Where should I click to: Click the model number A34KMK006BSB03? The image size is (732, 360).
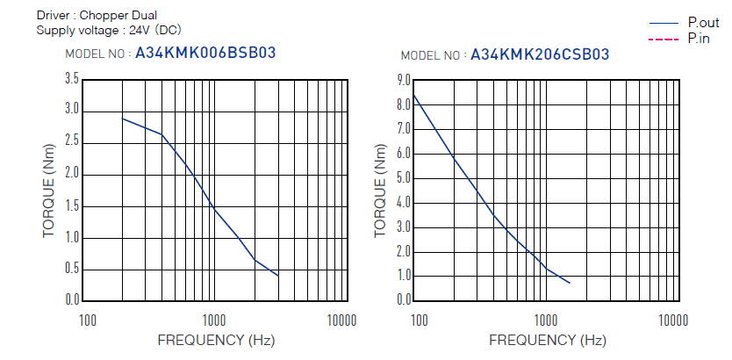point(205,53)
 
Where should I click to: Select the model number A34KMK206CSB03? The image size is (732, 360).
point(540,54)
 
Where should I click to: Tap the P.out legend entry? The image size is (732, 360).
point(703,23)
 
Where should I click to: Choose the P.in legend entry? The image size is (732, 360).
point(699,38)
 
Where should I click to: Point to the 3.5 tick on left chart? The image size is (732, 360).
point(72,79)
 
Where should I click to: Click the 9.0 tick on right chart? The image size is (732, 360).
point(404,79)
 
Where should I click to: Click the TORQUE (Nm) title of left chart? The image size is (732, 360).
point(49,189)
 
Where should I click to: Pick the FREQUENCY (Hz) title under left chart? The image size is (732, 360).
point(216,339)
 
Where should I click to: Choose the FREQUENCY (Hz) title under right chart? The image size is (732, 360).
point(548,339)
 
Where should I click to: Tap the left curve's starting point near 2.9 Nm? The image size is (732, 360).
point(122,118)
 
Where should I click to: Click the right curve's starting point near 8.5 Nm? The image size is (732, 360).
point(413,93)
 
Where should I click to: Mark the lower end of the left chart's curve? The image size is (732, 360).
point(278,276)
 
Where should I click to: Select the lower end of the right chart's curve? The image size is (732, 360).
point(570,283)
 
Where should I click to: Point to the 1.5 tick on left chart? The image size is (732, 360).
point(72,205)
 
